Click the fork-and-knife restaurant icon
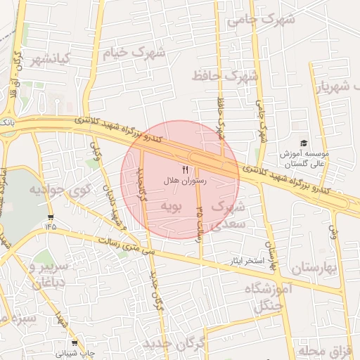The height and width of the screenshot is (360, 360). (185, 169)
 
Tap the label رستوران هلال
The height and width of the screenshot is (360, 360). (185, 181)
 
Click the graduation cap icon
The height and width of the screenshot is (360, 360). (304, 143)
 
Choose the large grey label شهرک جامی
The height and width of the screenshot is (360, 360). (259, 20)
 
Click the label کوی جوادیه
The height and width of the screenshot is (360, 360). (60, 189)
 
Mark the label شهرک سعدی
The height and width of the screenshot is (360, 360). (227, 216)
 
